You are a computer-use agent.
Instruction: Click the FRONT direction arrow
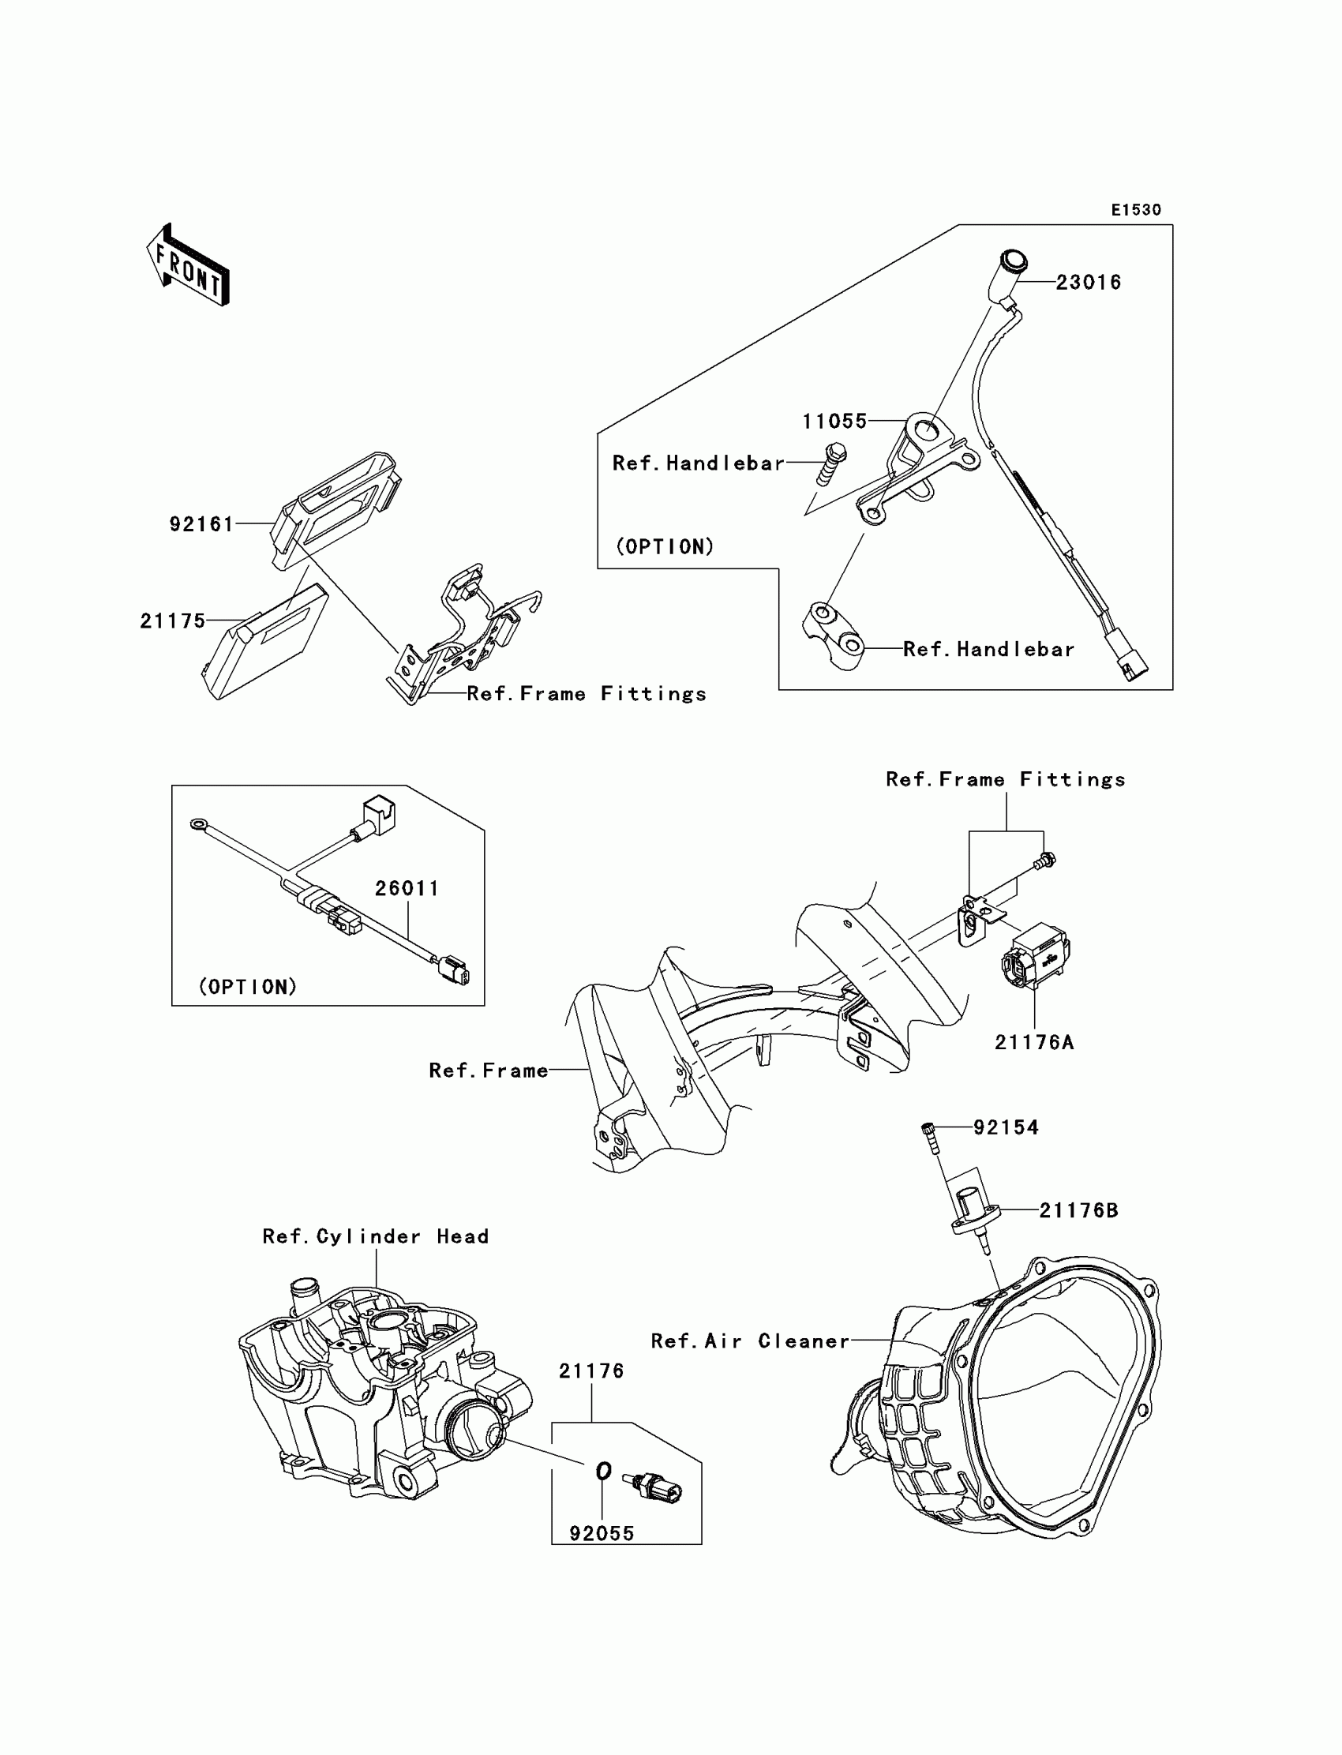[x=189, y=265]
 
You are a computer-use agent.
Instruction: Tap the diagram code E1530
[x=1136, y=210]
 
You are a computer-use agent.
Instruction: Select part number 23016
[x=1088, y=283]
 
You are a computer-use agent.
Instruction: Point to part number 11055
[x=834, y=421]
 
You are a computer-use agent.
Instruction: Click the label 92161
[x=201, y=524]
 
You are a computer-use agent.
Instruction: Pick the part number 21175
[x=173, y=621]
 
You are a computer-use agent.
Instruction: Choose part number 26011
[x=407, y=888]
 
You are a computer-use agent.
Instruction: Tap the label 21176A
[x=1033, y=1042]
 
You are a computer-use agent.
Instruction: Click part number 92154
[x=1006, y=1127]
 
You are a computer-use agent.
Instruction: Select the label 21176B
[x=1078, y=1210]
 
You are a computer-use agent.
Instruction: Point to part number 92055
[x=602, y=1533]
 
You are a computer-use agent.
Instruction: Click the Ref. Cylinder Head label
[x=376, y=1236]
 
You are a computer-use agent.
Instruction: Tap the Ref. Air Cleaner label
[x=750, y=1341]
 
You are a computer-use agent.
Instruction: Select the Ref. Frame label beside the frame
[x=488, y=1071]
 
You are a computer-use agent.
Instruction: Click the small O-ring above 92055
[x=604, y=1471]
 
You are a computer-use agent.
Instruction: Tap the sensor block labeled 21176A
[x=1035, y=954]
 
